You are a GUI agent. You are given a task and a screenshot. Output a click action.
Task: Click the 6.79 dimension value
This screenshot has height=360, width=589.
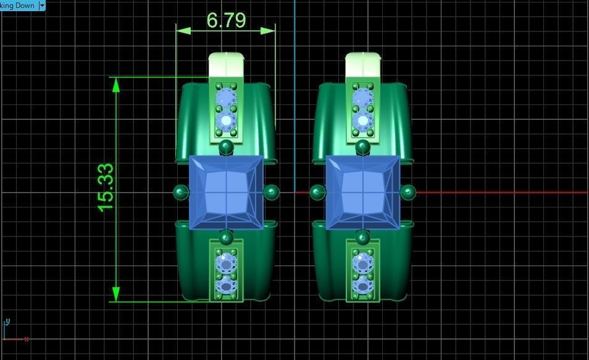pyautogui.click(x=226, y=20)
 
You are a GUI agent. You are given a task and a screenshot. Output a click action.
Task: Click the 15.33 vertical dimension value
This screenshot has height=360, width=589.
pyautogui.click(x=106, y=187)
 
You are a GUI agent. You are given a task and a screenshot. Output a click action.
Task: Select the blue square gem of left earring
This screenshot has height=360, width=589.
pyautogui.click(x=227, y=192)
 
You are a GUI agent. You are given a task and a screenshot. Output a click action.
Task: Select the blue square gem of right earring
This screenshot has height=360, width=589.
pyautogui.click(x=363, y=192)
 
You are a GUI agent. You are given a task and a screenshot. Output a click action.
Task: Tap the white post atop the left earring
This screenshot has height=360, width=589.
pyautogui.click(x=227, y=63)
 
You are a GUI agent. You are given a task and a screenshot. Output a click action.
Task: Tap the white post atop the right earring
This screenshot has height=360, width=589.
pyautogui.click(x=363, y=63)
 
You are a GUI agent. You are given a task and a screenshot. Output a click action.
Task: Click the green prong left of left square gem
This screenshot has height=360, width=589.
pyautogui.click(x=181, y=192)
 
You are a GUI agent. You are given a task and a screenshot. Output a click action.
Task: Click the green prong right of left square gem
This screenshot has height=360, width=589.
pyautogui.click(x=271, y=192)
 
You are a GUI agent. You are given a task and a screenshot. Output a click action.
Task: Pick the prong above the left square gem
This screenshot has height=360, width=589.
pyautogui.click(x=227, y=147)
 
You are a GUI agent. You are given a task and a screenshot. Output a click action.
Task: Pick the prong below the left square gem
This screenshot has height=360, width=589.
pyautogui.click(x=227, y=237)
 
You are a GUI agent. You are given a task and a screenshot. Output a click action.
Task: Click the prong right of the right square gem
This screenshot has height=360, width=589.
pyautogui.click(x=407, y=192)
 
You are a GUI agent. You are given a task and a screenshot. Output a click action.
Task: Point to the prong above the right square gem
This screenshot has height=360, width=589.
pyautogui.click(x=363, y=147)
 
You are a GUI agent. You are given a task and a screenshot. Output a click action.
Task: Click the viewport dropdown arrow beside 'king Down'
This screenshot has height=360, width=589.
pyautogui.click(x=42, y=5)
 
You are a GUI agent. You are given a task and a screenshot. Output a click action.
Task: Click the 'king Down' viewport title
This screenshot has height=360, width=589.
pyautogui.click(x=17, y=5)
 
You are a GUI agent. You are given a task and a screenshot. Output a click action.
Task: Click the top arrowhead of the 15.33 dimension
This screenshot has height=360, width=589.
pyautogui.click(x=115, y=84)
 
